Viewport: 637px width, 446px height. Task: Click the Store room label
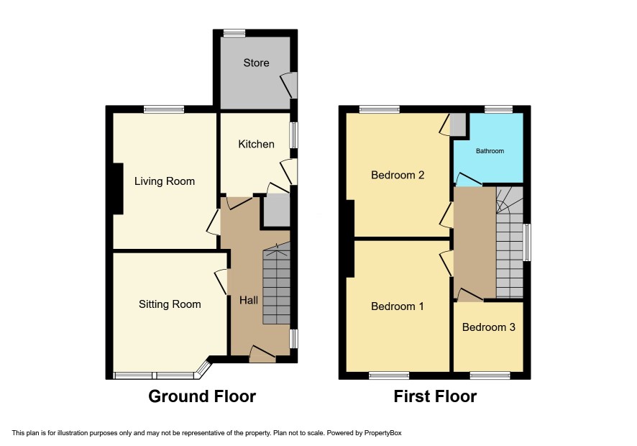(x=256, y=63)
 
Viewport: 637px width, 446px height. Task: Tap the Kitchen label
(x=256, y=144)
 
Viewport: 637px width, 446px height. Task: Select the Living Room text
(x=165, y=181)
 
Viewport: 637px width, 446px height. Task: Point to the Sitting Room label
(x=170, y=304)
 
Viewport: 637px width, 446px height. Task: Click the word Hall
(x=249, y=300)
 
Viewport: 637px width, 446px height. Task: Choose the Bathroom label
(x=490, y=151)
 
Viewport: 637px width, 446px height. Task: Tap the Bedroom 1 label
(x=398, y=306)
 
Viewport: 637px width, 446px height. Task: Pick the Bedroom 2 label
(x=398, y=175)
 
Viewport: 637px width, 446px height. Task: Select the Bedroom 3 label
(x=489, y=327)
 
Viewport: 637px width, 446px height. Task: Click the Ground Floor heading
(x=202, y=396)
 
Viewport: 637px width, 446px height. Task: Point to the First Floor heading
(x=435, y=396)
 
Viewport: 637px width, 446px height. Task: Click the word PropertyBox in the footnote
(x=382, y=433)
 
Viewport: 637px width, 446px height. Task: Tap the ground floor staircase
(x=277, y=283)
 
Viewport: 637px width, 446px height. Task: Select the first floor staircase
(x=510, y=242)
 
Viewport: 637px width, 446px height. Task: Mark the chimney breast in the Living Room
(x=118, y=188)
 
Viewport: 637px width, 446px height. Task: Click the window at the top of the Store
(x=234, y=33)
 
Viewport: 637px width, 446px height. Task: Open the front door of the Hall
(x=262, y=355)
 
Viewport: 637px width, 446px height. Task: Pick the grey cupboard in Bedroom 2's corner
(x=458, y=125)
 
